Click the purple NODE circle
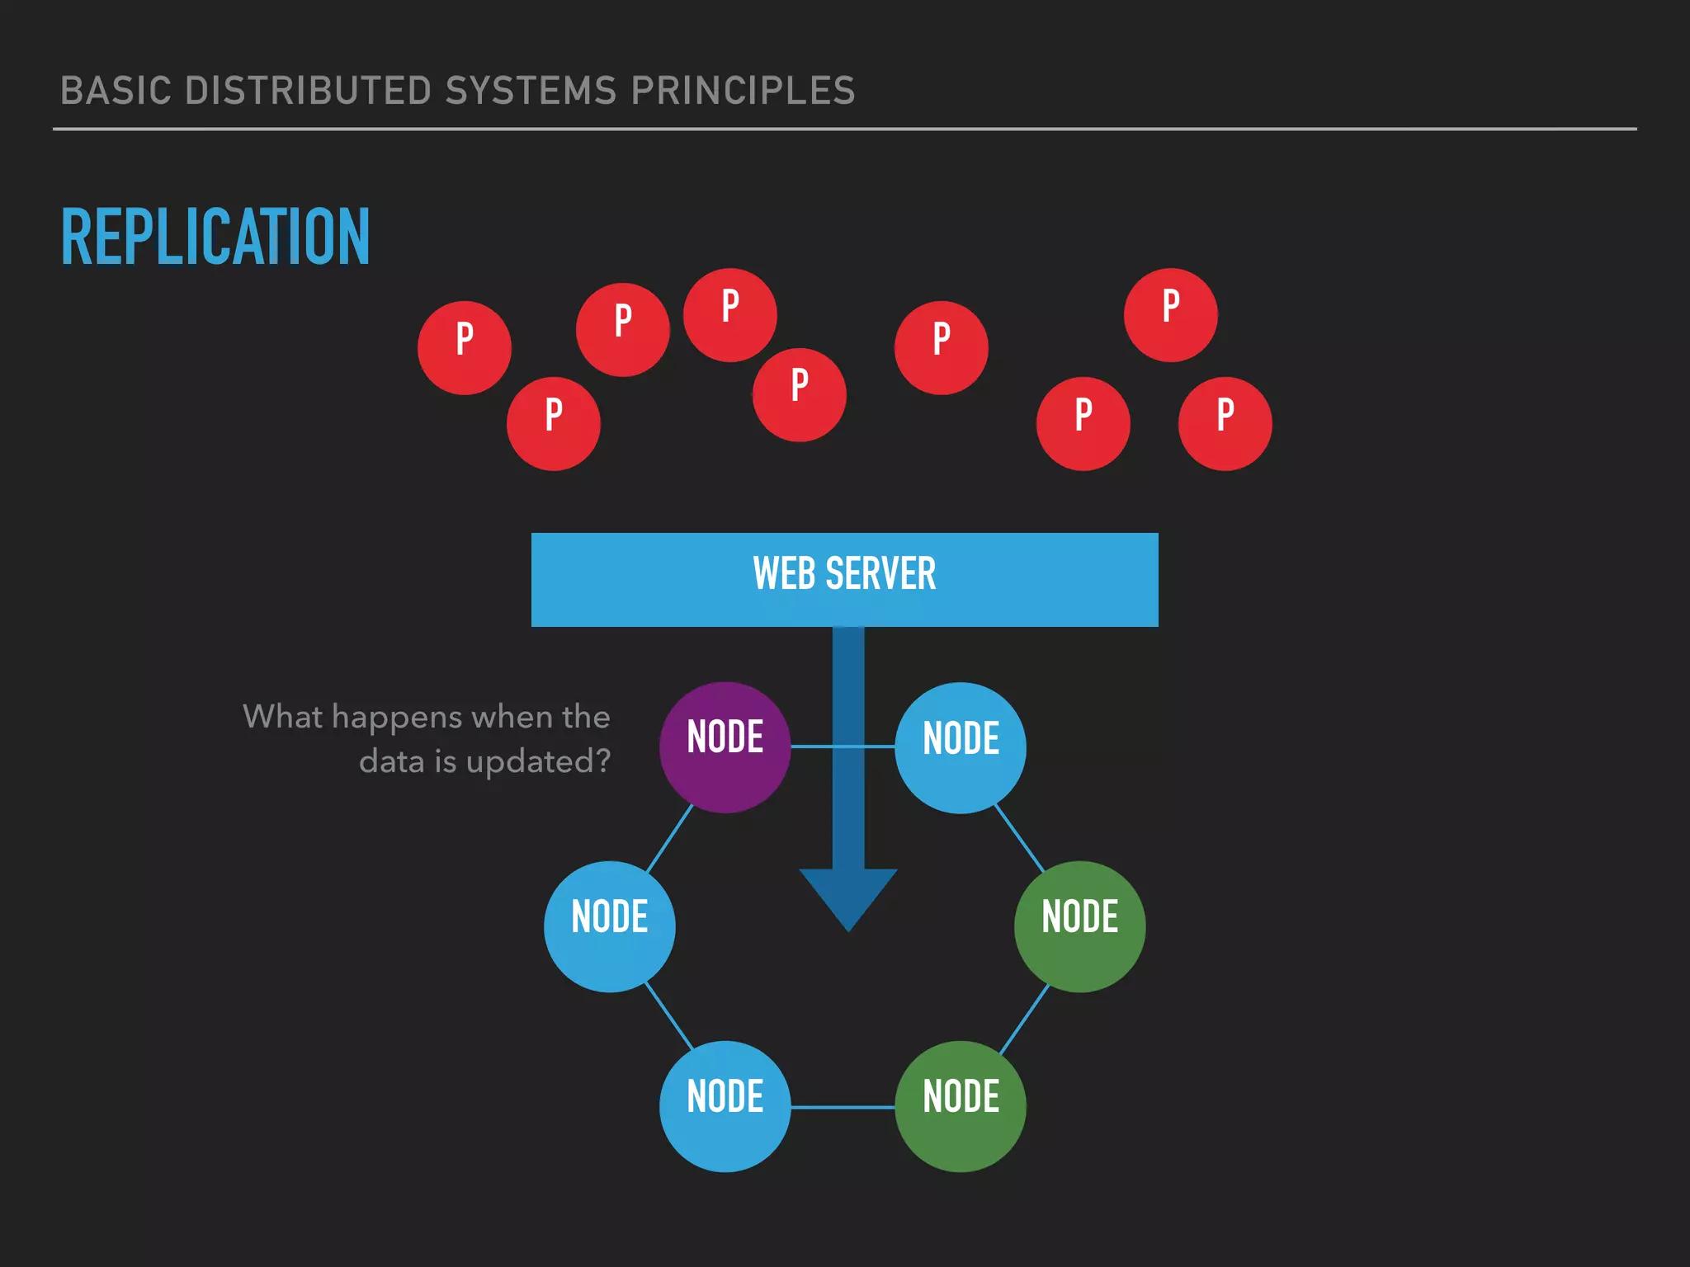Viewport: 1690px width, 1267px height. [x=725, y=747]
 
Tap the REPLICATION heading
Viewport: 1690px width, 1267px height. [x=215, y=238]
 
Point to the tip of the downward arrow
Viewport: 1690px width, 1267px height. [x=848, y=929]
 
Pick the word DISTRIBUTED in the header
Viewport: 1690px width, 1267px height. [x=314, y=91]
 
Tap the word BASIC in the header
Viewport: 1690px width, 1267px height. [x=116, y=91]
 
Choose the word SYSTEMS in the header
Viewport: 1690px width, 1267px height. [x=531, y=91]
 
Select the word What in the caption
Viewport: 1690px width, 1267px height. [x=282, y=716]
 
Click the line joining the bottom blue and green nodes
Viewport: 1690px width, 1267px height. [x=843, y=1107]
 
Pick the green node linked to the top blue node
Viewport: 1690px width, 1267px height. [x=1079, y=926]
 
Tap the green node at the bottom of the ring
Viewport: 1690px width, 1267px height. [x=961, y=1106]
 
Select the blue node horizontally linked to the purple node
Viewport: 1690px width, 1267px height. [x=961, y=747]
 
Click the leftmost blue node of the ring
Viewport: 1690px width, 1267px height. [x=610, y=926]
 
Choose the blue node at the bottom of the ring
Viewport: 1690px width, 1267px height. [x=725, y=1106]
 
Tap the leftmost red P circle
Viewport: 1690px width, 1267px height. [x=465, y=347]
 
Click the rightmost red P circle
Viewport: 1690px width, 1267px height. [x=1225, y=423]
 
